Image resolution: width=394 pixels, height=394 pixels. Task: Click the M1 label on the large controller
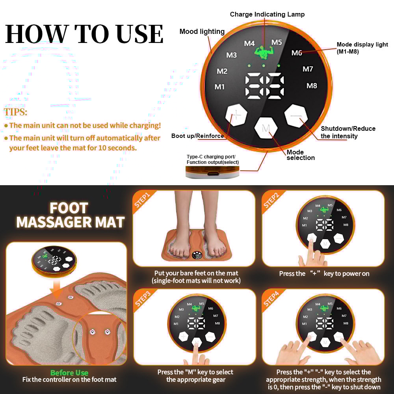coord(219,87)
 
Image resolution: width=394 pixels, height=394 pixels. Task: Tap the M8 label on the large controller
coord(312,85)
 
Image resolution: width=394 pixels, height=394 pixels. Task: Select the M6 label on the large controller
coord(297,53)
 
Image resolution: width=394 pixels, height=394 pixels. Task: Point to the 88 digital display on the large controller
coord(264,86)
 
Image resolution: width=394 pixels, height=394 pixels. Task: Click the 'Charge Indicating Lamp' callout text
coord(267,15)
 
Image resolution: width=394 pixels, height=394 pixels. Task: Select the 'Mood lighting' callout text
coord(202,32)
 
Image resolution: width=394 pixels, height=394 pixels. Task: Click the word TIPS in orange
coord(16,112)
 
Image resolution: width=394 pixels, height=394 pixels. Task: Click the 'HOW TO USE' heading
coord(84,34)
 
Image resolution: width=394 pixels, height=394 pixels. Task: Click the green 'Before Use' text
coord(69,373)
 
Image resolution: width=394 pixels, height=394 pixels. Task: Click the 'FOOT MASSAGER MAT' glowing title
coord(71,215)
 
